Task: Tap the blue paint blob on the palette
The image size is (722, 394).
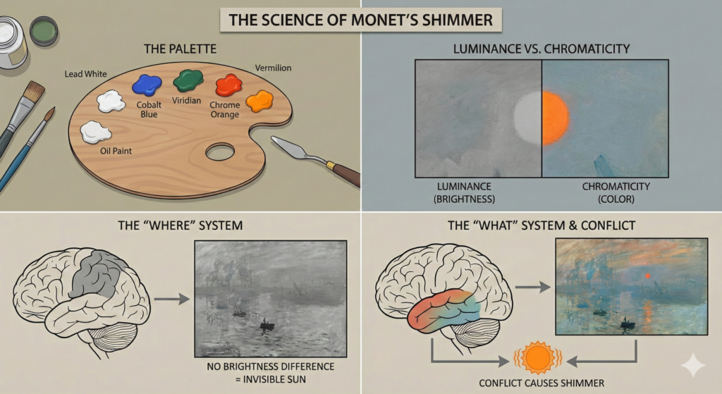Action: pyautogui.click(x=147, y=86)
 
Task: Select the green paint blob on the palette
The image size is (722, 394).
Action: pyautogui.click(x=188, y=80)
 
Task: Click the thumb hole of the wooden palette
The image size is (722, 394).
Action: pyautogui.click(x=220, y=151)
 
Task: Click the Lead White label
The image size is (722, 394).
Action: pyautogui.click(x=85, y=73)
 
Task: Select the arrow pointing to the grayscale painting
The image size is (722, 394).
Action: pyautogui.click(x=171, y=299)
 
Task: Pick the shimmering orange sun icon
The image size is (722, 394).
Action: pyautogui.click(x=538, y=359)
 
